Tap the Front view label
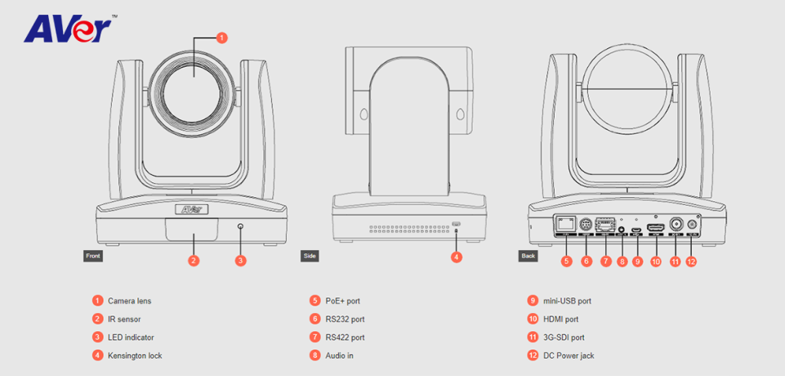(93, 256)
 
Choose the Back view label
(529, 256)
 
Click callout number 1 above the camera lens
(221, 38)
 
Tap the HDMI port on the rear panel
(655, 226)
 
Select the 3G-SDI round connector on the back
(676, 225)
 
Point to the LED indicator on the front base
(240, 226)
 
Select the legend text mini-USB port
(560, 301)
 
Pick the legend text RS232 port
(345, 319)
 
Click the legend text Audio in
(339, 356)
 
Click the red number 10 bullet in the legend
(533, 319)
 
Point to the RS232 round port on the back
(585, 225)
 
